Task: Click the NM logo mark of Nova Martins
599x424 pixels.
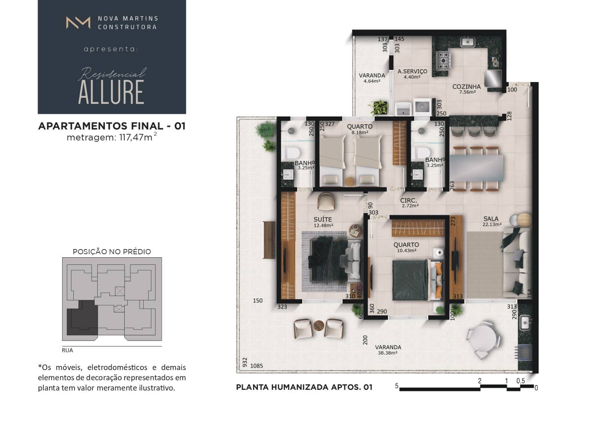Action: click(78, 22)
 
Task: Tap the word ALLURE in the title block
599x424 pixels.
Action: click(111, 92)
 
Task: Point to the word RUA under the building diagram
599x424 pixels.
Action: click(67, 350)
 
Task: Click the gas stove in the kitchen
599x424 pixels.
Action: click(444, 60)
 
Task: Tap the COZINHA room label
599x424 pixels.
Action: click(466, 87)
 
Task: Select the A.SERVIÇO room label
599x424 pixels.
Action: click(412, 72)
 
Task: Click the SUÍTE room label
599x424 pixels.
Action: click(323, 219)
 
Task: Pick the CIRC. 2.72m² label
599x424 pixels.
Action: click(410, 203)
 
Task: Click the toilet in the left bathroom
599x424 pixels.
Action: click(292, 154)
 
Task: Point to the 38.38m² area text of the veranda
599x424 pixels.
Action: click(387, 353)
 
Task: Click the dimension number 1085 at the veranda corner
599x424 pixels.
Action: click(256, 366)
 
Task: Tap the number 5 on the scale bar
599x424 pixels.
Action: click(396, 386)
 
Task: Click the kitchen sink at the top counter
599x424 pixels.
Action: click(468, 42)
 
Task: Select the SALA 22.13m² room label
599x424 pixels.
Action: click(492, 221)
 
